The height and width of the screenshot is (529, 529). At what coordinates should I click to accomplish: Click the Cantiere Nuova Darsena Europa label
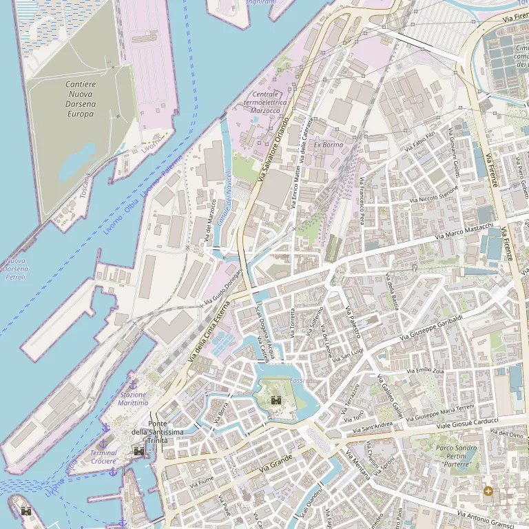coord(81,98)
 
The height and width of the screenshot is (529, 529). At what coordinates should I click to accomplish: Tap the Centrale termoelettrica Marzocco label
coord(267,102)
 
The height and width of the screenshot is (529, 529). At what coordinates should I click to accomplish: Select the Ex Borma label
coord(328,145)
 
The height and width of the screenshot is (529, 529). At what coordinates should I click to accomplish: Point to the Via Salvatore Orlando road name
coord(274,149)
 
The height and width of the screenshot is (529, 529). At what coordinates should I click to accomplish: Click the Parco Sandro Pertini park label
coord(456,456)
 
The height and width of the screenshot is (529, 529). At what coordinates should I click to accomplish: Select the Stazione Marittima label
coord(133,399)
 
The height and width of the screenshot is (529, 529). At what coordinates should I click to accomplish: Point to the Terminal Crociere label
coord(103,457)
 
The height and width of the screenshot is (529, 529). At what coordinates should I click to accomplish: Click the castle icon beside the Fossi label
coord(276,400)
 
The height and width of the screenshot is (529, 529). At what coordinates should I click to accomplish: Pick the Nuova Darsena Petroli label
coord(15,269)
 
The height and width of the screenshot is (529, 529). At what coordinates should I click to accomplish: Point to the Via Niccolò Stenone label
coord(434,194)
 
